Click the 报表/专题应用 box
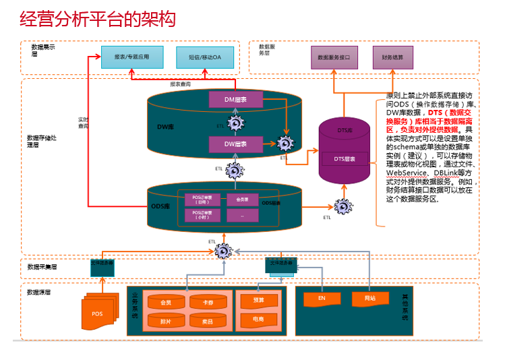pos(131,57)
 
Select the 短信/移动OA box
pos(205,57)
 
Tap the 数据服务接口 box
pos(334,57)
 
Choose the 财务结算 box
pos(392,57)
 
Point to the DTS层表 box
pos(345,159)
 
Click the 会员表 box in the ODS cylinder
pos(242,200)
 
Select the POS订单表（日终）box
pos(202,200)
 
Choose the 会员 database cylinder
pos(165,303)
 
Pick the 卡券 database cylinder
pos(208,303)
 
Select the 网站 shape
pos(369,298)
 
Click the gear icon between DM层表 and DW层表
pos(235,123)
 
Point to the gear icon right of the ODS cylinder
pos(343,206)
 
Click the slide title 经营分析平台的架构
pos(98,18)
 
